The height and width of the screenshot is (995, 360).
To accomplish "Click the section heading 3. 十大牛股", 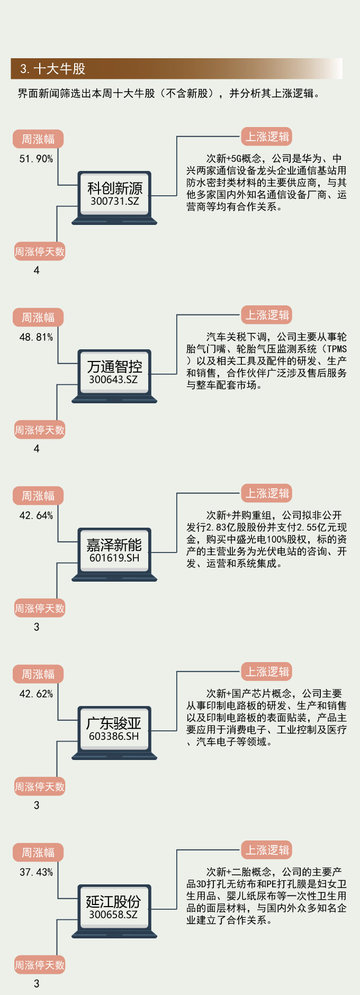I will pos(52,69).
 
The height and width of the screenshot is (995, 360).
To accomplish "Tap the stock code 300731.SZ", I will pos(114,201).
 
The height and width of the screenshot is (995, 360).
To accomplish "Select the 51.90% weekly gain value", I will pos(36,159).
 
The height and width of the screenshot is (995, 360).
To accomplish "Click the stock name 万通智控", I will pos(114,367).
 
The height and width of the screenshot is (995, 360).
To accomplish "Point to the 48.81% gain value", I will pos(36,337).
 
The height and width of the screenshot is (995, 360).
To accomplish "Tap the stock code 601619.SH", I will pos(114,558).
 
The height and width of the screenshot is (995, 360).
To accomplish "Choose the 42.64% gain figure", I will pos(36,515).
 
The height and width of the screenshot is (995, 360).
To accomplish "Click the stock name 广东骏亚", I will pos(114,723).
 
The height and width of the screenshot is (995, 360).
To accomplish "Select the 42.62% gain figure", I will pos(36,694).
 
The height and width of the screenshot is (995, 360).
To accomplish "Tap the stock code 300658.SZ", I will pos(113,915).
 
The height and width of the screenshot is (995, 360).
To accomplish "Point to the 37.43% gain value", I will pos(36,872).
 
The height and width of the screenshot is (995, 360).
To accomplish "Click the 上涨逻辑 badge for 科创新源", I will pos(267,137).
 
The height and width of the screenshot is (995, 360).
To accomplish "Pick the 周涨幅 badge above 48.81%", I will pos(38,318).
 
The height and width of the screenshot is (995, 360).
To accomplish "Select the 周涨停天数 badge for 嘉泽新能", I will pos(40,609).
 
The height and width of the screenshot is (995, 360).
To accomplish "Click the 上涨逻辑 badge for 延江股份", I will pos(267,850).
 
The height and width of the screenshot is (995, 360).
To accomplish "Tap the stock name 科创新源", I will pos(114,188).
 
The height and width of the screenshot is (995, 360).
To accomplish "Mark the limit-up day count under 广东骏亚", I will pos(37,805).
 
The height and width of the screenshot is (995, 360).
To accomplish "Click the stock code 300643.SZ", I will pos(113,379).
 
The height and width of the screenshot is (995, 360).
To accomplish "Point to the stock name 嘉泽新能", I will pos(114,545).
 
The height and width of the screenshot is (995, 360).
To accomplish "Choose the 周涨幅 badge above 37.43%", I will pos(38,853).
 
